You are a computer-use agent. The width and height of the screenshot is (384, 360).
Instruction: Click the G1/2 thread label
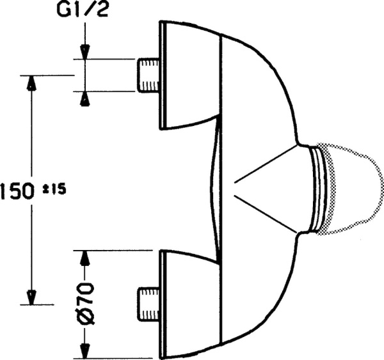tap(83, 10)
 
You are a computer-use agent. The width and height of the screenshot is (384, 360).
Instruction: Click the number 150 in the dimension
tap(17, 191)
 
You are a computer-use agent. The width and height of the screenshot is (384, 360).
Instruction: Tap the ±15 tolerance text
tap(54, 189)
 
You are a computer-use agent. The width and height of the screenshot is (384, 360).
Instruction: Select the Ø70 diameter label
tap(87, 304)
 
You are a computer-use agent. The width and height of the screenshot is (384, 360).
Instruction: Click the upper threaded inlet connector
tap(148, 75)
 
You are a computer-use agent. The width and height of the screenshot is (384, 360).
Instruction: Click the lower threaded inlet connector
tap(148, 304)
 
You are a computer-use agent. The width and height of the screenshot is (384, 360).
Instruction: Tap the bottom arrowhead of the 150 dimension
tap(31, 298)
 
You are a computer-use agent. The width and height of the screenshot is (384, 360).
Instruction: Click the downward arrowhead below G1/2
tap(85, 52)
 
